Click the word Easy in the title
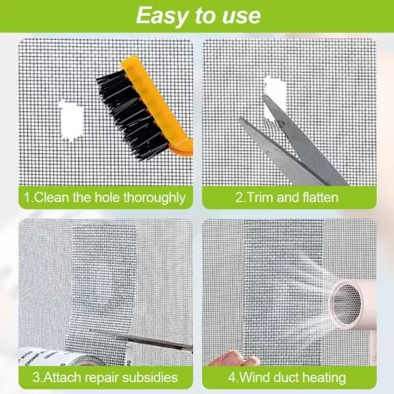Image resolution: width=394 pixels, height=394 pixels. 162,16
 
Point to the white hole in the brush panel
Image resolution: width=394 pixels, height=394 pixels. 71,120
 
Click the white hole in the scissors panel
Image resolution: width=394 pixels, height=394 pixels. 275,96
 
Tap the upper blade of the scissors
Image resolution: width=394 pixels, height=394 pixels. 301,138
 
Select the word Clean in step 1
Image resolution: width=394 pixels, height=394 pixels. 51,197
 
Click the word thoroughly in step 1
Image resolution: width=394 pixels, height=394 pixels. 154,198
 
